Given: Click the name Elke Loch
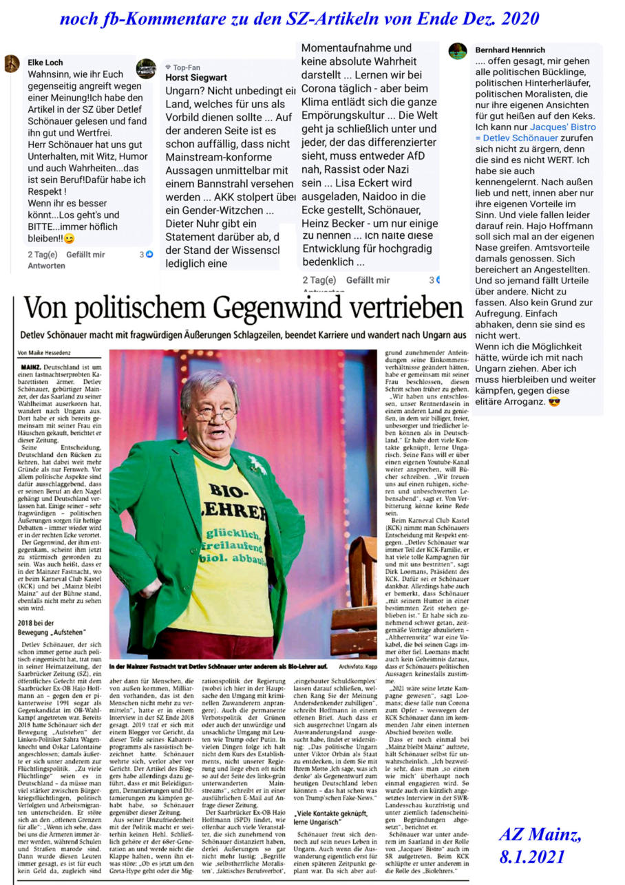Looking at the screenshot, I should click(45, 62).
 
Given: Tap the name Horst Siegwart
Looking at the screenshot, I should click(197, 78).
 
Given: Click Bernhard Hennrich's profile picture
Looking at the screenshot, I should click(458, 51).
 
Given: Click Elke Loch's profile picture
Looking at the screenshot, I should click(12, 64).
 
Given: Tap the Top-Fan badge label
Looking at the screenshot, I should click(187, 67).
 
